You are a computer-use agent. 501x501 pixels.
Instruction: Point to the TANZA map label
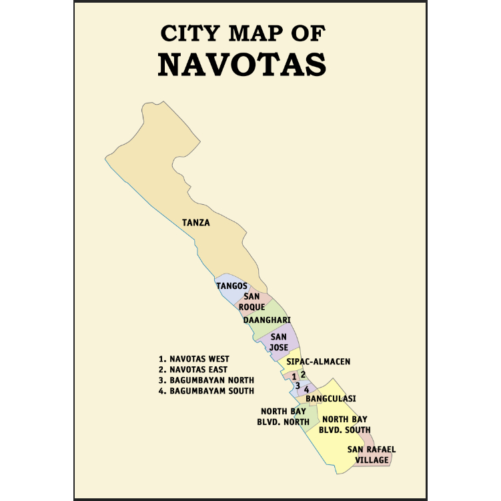click(x=196, y=223)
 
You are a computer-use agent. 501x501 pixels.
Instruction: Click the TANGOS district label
click(x=231, y=286)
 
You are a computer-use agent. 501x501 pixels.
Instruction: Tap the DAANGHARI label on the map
click(x=266, y=320)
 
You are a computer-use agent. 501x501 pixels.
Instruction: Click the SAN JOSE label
click(x=278, y=342)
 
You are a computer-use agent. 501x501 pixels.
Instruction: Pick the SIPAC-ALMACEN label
click(x=318, y=362)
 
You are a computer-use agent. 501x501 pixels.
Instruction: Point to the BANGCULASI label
click(x=330, y=399)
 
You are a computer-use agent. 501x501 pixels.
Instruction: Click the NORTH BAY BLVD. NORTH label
click(x=284, y=416)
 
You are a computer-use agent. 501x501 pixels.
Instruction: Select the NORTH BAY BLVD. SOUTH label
click(x=345, y=424)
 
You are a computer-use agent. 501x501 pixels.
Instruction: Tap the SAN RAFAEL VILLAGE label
click(x=372, y=454)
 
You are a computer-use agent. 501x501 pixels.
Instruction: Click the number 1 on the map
click(x=294, y=377)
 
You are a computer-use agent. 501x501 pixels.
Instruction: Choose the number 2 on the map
click(x=303, y=374)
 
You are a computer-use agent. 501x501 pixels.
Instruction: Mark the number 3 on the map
click(x=298, y=385)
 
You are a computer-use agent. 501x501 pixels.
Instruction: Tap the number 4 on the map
click(x=306, y=389)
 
